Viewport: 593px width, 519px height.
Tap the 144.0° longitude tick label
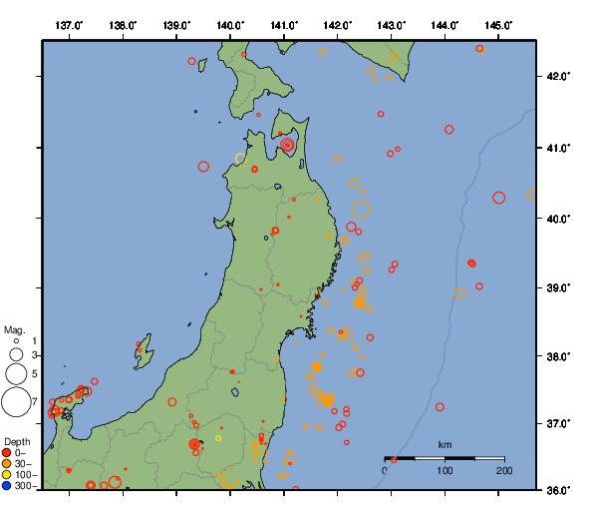pos(445,24)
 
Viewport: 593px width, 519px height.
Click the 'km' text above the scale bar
pos(445,444)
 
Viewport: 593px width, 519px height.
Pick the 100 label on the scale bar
pos(445,469)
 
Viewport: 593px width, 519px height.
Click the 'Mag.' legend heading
pos(14,329)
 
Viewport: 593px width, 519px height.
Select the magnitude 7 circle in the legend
pos(16,402)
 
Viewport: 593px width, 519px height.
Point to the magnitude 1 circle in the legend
pos(16,341)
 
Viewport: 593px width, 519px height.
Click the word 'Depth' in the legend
pos(17,441)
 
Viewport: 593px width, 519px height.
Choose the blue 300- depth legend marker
pos(7,486)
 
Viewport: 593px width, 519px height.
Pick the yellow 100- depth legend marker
pos(7,475)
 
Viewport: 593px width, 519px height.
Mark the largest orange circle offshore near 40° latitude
pos(362,210)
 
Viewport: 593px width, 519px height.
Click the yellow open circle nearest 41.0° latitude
pos(239,159)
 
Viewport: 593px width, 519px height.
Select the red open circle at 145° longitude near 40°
pos(499,198)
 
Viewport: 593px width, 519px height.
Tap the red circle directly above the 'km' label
pos(440,407)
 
